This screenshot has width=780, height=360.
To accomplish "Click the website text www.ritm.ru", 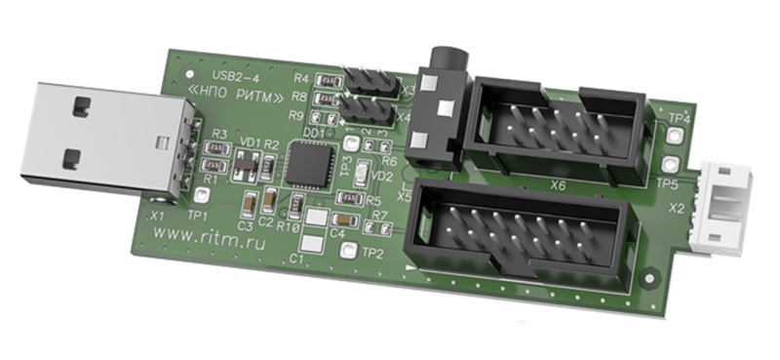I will tap(208, 235).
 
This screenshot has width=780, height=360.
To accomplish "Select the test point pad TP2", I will tap(346, 254).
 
